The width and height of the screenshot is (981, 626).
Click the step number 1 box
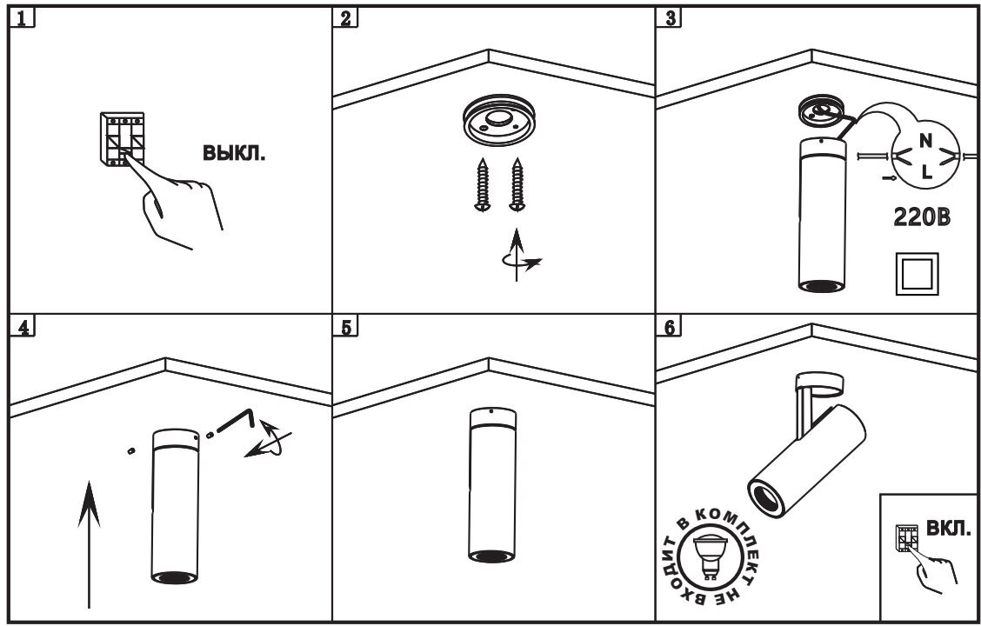23,18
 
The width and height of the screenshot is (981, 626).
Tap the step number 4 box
23,328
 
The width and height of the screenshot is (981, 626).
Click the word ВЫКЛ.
234,154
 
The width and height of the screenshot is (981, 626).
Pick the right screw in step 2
519,183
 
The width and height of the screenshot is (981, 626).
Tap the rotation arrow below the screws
519,256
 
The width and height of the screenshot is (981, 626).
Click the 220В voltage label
922,217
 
